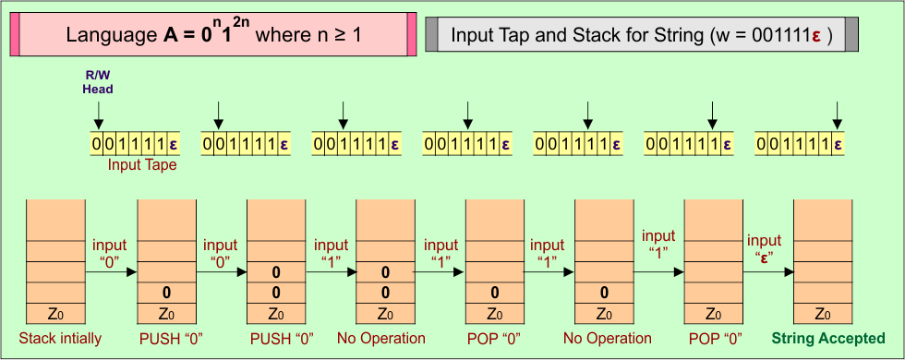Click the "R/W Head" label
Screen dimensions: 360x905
click(98, 82)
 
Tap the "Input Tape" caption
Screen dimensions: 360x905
click(142, 165)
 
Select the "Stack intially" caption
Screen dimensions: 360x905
click(60, 338)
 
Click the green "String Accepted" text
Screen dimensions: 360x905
click(828, 338)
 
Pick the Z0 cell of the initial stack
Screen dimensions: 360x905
click(55, 313)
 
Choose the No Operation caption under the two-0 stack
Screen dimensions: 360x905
click(380, 338)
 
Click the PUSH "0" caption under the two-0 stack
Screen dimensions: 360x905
click(276, 338)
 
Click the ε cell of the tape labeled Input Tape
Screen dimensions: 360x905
click(173, 144)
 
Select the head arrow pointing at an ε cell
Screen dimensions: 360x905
click(838, 114)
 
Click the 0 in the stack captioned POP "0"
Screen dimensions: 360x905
click(495, 293)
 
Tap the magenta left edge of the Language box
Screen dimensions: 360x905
click(15, 35)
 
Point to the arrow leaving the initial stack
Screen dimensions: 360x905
click(111, 272)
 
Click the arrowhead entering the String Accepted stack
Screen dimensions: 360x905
click(790, 272)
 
